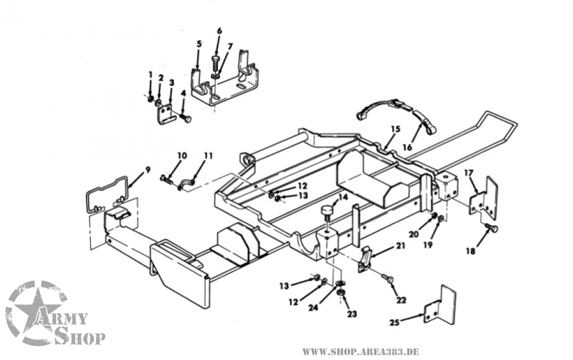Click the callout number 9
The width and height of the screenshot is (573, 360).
[147, 169]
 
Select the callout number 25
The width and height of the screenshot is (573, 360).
[394, 322]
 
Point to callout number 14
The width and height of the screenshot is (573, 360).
[343, 196]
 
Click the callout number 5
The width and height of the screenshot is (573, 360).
[199, 44]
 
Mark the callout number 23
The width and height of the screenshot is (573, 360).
[352, 314]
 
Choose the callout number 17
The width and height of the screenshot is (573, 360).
[468, 173]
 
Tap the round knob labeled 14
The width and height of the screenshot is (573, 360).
[327, 213]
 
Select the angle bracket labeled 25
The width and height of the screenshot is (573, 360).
[440, 307]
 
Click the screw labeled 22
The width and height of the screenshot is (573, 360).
[387, 278]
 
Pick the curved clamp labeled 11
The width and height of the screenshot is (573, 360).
[186, 184]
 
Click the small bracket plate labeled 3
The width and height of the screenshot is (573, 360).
[166, 114]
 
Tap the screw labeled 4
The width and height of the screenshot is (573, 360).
[186, 118]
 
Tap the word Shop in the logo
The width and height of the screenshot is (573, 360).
[80, 336]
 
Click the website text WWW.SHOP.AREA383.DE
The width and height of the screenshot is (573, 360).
[360, 352]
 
